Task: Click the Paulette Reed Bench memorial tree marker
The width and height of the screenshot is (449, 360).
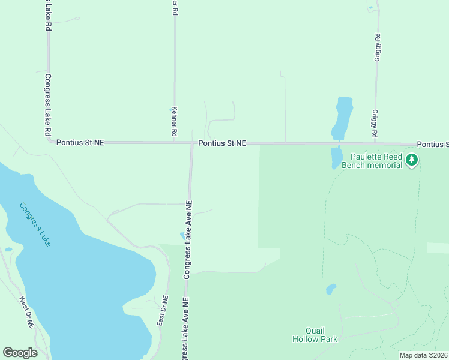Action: (412, 160)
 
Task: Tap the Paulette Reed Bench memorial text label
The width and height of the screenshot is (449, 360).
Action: (372, 161)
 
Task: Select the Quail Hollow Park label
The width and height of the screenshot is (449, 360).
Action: (315, 335)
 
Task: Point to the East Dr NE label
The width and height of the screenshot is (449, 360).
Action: (162, 311)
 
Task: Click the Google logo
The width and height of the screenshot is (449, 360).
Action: (20, 353)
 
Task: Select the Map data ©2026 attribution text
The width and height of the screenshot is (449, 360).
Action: (423, 355)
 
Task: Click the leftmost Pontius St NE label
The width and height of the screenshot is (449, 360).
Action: (80, 143)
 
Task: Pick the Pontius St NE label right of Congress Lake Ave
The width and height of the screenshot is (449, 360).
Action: (222, 143)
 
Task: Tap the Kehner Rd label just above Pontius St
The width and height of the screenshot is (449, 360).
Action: (174, 121)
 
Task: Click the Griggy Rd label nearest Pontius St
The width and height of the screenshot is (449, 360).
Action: (375, 123)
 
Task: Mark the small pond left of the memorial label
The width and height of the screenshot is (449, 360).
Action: (336, 158)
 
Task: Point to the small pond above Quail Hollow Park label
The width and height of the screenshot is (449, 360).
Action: (331, 290)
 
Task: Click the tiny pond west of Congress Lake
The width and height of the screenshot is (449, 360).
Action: (8, 249)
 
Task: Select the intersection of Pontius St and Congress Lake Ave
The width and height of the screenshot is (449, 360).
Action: (191, 143)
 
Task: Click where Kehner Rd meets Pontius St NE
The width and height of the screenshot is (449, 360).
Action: (175, 142)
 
